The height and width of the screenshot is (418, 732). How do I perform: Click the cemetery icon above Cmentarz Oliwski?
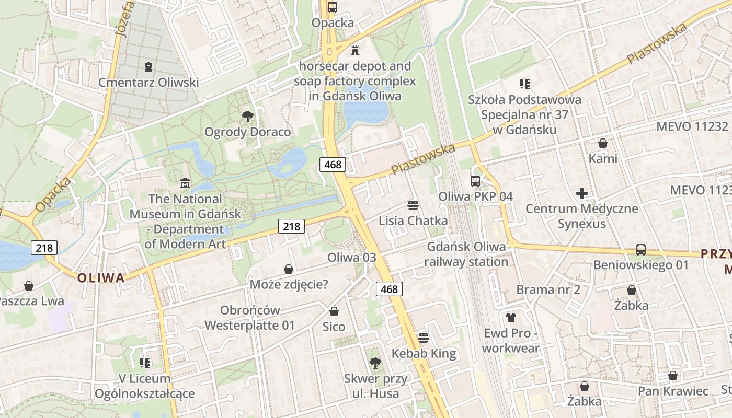148,67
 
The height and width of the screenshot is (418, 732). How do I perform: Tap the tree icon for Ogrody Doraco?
248,116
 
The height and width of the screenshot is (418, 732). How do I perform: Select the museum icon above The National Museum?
185,183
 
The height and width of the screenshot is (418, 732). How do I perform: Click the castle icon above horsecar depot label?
355,50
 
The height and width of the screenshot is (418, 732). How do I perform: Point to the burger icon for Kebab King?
424,338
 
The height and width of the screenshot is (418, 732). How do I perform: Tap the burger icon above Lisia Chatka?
413,205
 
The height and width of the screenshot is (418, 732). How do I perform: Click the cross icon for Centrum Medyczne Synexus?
581,193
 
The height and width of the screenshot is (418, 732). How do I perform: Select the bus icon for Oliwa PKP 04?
475,181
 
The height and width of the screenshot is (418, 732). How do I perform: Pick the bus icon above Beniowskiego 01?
641,250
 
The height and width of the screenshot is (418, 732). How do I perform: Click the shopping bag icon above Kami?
603,143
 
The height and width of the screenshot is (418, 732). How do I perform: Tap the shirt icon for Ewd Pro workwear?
510,317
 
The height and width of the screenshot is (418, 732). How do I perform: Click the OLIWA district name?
101,278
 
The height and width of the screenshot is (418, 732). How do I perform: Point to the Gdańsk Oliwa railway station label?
466,254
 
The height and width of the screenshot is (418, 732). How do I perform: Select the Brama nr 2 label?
548,289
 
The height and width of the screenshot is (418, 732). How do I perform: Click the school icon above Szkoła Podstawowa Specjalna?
524,84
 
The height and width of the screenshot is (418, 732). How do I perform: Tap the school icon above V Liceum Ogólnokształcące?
145,363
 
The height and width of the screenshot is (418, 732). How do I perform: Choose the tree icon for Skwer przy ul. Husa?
375,363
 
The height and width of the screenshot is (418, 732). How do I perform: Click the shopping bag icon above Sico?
334,311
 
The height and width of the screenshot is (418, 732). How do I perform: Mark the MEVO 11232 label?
692,126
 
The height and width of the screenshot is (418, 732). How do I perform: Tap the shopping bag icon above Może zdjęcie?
289,269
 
